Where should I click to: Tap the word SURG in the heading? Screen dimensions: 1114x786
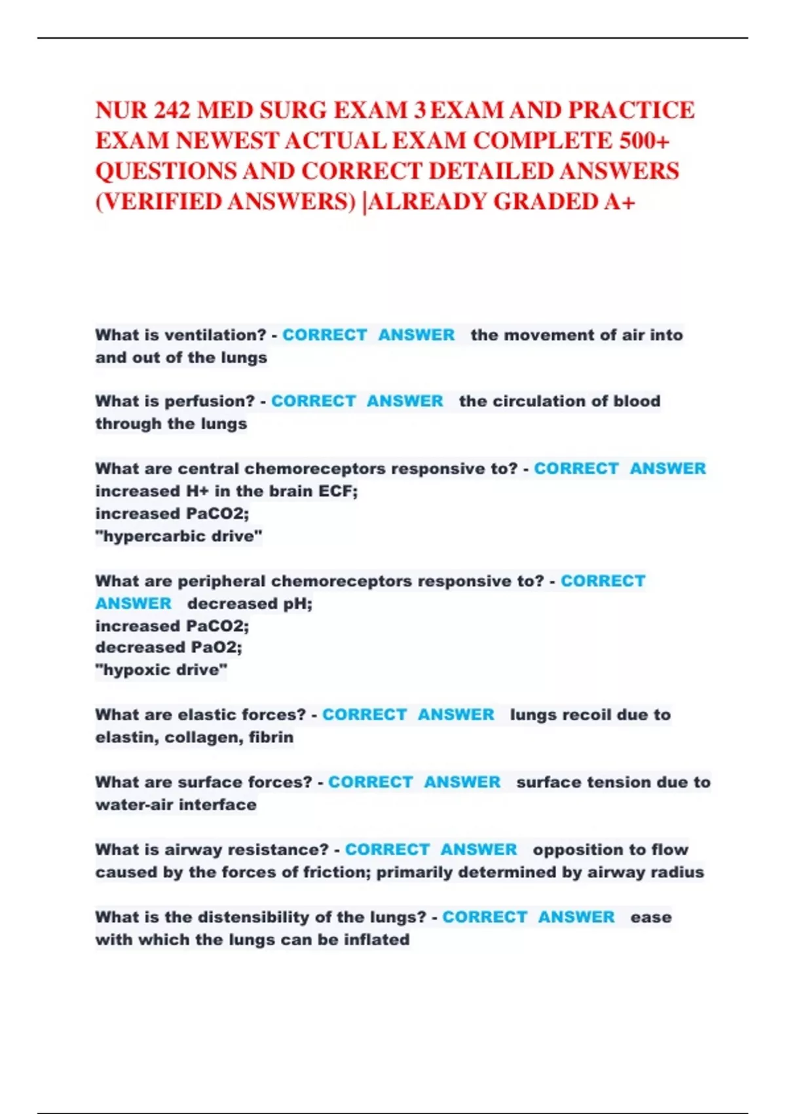tap(293, 110)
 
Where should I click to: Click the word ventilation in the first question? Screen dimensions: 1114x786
tap(215, 335)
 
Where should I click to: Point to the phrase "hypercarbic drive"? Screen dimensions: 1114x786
tap(179, 536)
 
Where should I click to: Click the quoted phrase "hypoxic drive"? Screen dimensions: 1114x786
tap(161, 670)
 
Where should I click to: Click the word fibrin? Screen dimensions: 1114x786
tap(271, 737)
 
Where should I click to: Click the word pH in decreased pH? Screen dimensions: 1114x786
tap(297, 604)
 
